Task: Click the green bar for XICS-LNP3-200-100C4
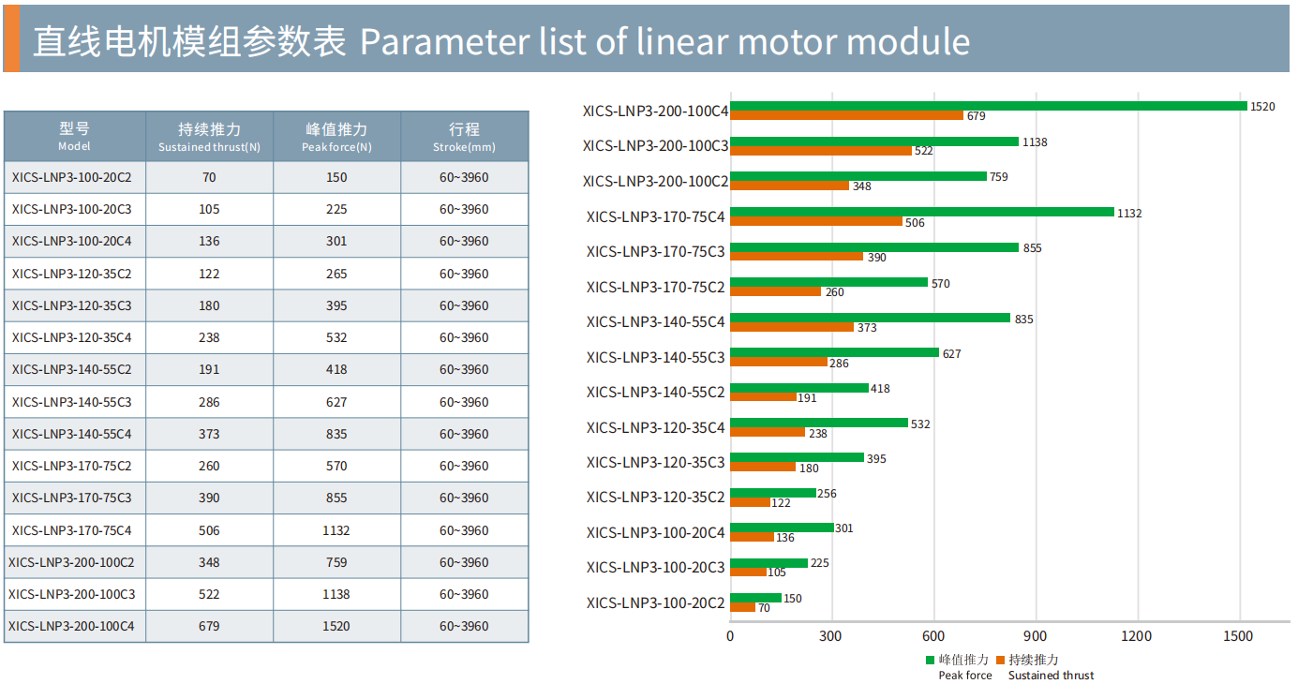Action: click(989, 106)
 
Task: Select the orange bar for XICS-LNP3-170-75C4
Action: click(816, 222)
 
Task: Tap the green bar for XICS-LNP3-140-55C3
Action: click(834, 352)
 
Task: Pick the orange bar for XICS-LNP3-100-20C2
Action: click(742, 608)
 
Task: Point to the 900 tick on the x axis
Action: click(1036, 636)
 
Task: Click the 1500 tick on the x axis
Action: click(1238, 636)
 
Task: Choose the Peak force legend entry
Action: click(964, 666)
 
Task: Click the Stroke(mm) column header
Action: click(464, 136)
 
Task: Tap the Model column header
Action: click(75, 136)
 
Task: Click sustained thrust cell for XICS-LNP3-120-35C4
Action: click(209, 338)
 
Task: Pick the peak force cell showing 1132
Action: click(336, 530)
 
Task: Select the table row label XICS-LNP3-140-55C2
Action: click(72, 370)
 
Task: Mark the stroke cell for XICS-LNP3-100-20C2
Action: click(464, 178)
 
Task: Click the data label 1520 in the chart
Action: click(1262, 107)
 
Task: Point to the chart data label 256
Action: click(827, 494)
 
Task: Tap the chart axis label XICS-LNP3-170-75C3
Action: click(655, 251)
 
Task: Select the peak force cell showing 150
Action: click(336, 178)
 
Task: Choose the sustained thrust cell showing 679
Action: click(209, 627)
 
